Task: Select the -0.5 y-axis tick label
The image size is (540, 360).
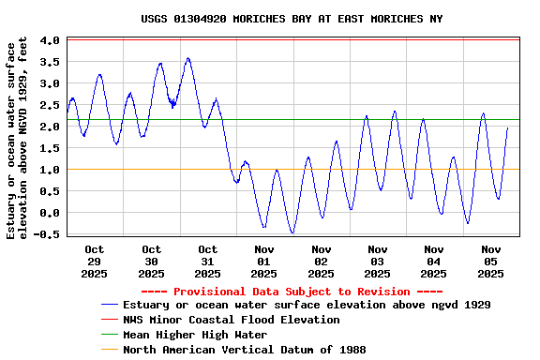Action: tap(47, 234)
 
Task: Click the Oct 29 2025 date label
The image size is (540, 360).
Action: tap(95, 262)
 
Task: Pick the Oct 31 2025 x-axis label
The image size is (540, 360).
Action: tap(207, 262)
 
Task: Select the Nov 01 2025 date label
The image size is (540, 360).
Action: tap(264, 262)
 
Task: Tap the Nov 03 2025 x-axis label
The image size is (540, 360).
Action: tap(377, 262)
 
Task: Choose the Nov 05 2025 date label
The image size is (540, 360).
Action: tap(490, 262)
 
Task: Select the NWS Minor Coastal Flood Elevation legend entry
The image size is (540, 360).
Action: tap(231, 320)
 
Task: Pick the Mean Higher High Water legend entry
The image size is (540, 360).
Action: tap(195, 335)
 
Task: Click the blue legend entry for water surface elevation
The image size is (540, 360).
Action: tap(307, 305)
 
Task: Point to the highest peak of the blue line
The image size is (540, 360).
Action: tap(188, 58)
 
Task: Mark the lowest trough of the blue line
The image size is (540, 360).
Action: tap(292, 232)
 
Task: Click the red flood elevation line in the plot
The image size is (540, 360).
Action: tap(281, 39)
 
